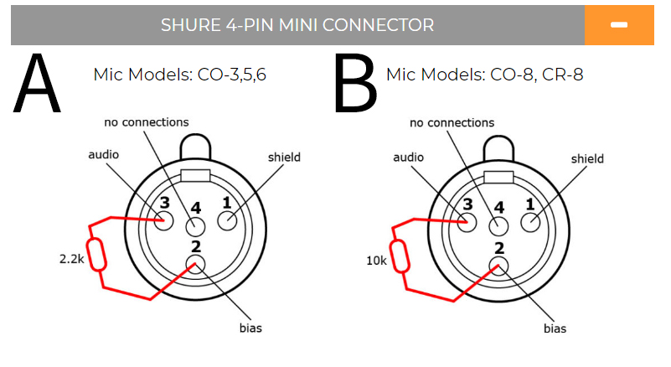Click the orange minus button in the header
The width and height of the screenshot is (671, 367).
pyautogui.click(x=619, y=25)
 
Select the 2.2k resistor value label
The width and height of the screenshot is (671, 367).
pyautogui.click(x=71, y=260)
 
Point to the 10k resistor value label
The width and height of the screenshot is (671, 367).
pyautogui.click(x=376, y=261)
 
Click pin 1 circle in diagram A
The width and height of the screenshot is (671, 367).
pyautogui.click(x=227, y=221)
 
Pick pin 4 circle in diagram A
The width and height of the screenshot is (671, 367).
pyautogui.click(x=195, y=226)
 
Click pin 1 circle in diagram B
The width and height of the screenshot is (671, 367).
pyautogui.click(x=530, y=222)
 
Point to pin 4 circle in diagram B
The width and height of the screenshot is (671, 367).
pyautogui.click(x=499, y=226)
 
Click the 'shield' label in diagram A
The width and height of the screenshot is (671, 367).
pyautogui.click(x=284, y=157)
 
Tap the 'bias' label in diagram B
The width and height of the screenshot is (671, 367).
pyautogui.click(x=554, y=328)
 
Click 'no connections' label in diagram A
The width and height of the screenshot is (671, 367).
pyautogui.click(x=147, y=122)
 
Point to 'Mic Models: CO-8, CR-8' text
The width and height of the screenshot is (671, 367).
pyautogui.click(x=484, y=75)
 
